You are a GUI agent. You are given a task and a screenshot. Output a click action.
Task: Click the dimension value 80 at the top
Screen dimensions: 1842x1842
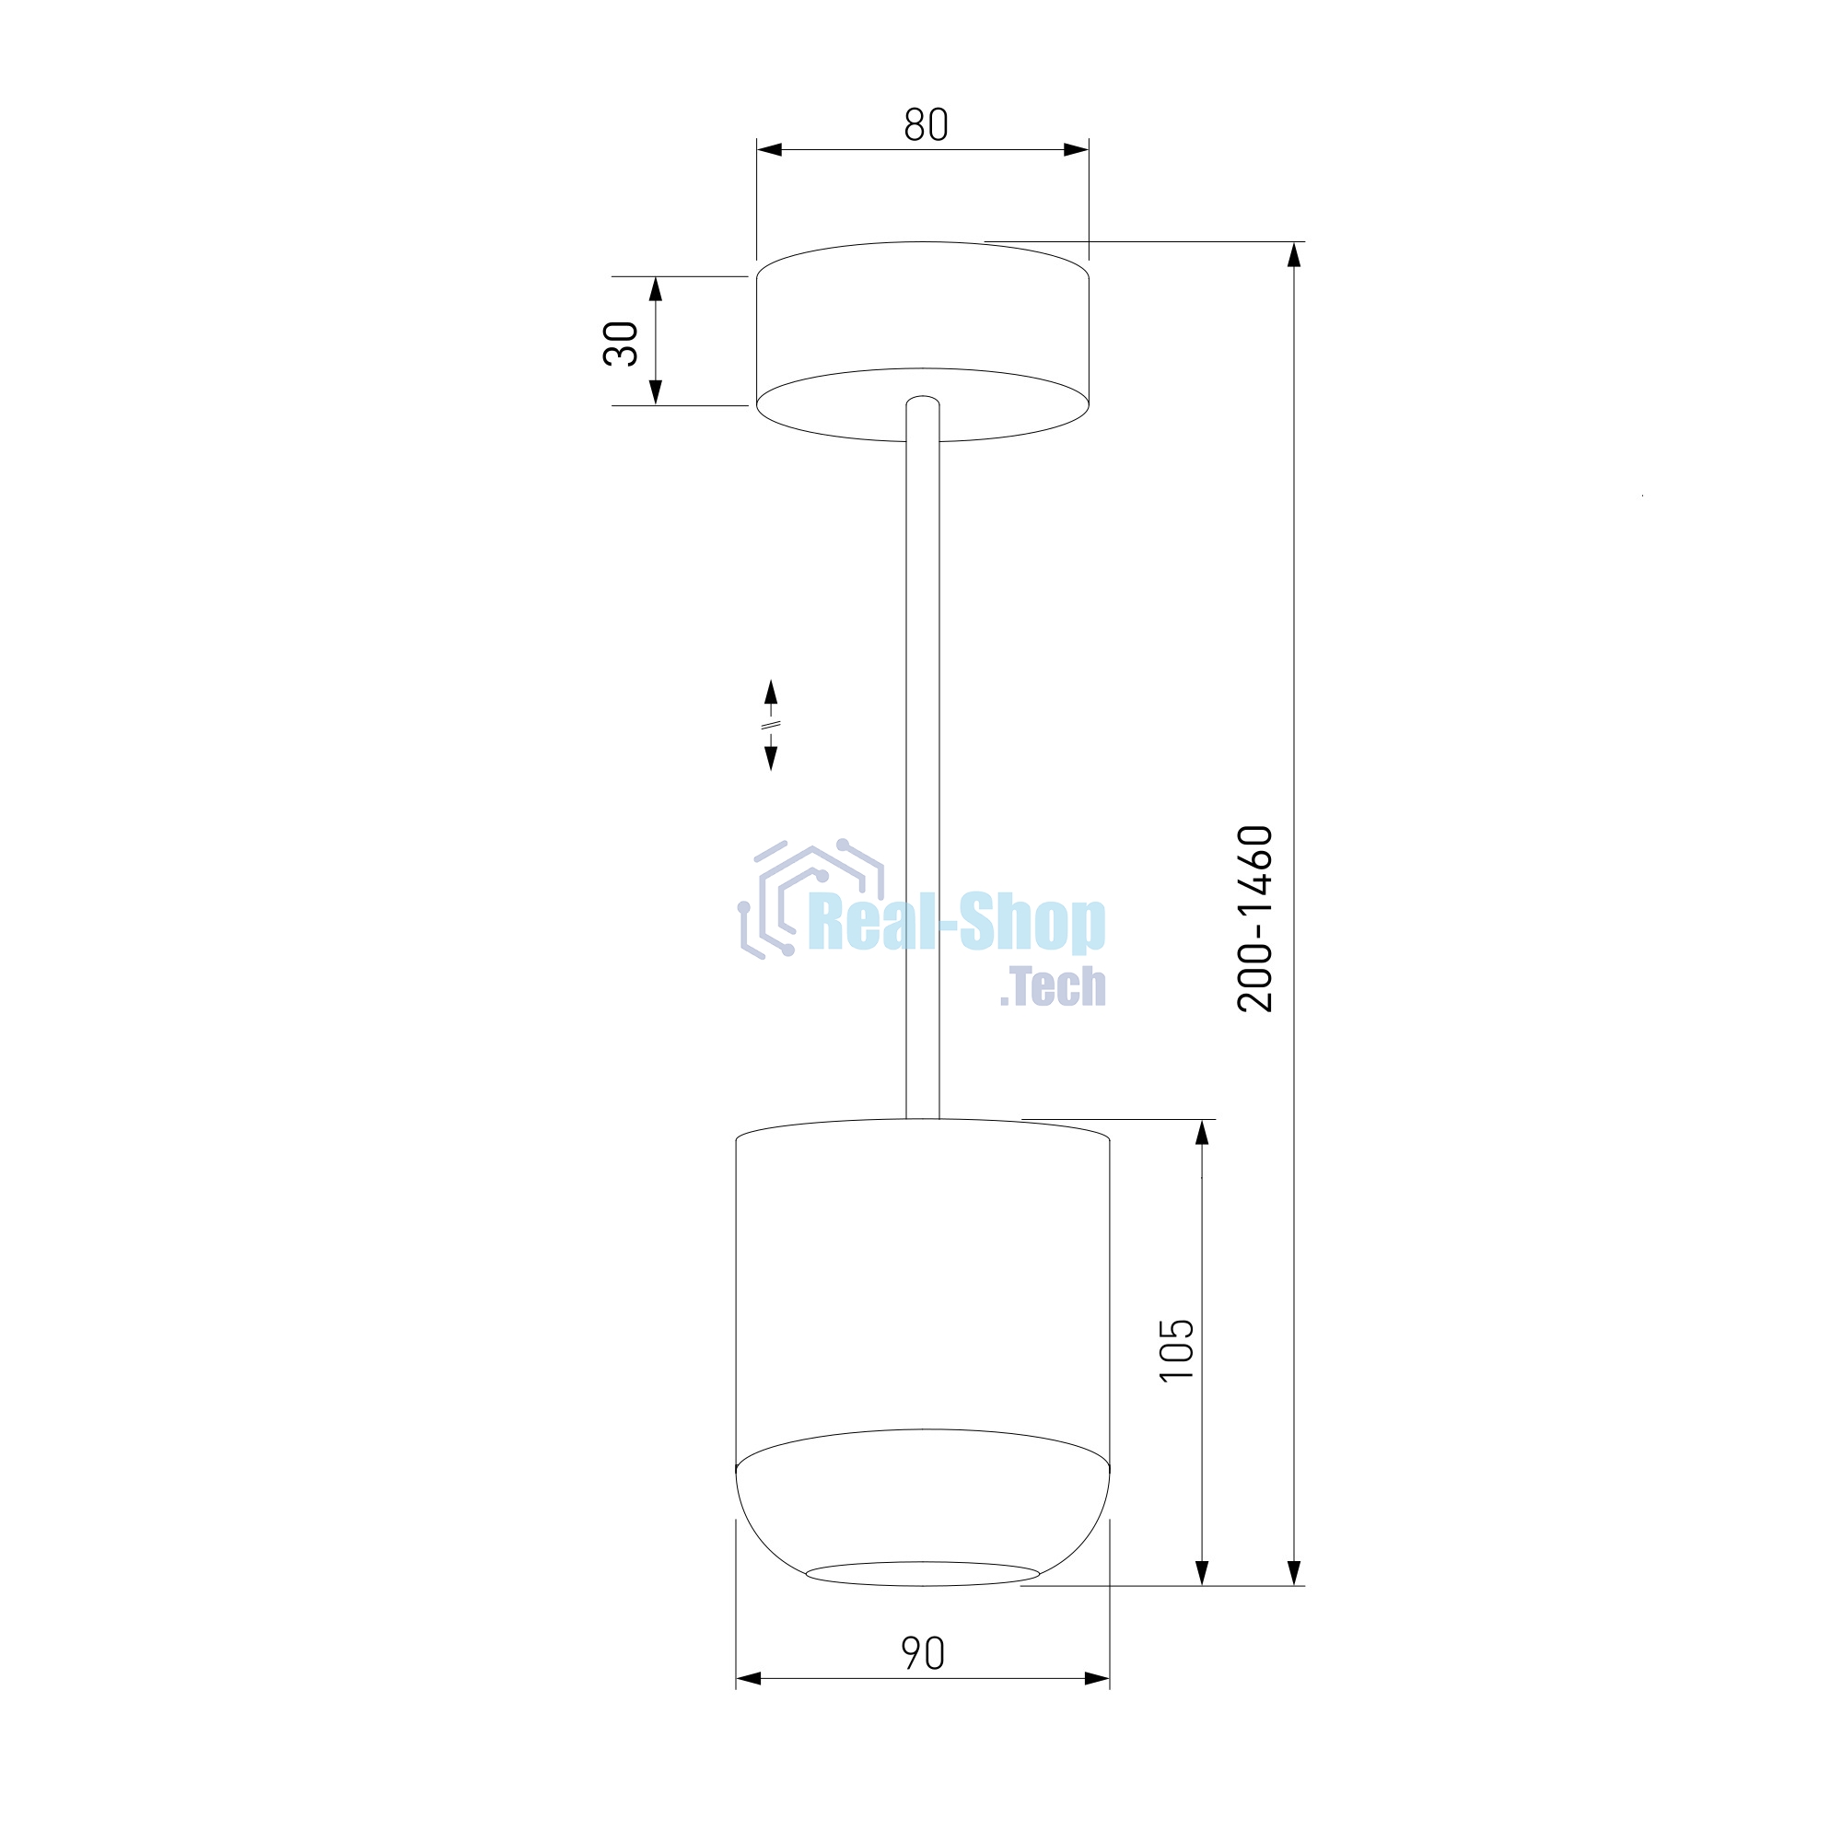(926, 125)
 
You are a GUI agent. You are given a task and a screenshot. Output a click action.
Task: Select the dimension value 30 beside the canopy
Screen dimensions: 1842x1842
(621, 344)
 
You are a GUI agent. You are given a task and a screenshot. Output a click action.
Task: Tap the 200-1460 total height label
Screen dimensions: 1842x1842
(1254, 918)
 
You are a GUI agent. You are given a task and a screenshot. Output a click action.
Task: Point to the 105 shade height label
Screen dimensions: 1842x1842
(1176, 1348)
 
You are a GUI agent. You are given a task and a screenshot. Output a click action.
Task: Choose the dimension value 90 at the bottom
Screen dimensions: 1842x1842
(923, 1654)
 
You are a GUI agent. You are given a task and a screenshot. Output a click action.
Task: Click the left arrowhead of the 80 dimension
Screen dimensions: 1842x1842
(769, 150)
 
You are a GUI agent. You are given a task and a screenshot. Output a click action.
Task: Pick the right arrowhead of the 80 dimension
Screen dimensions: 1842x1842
(1077, 150)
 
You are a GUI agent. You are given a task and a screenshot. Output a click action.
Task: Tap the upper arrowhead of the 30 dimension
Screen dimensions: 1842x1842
(656, 289)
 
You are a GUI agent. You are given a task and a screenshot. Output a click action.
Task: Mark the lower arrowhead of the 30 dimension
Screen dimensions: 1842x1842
(656, 391)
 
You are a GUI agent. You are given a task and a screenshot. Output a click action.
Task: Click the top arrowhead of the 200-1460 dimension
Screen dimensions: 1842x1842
(1294, 254)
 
